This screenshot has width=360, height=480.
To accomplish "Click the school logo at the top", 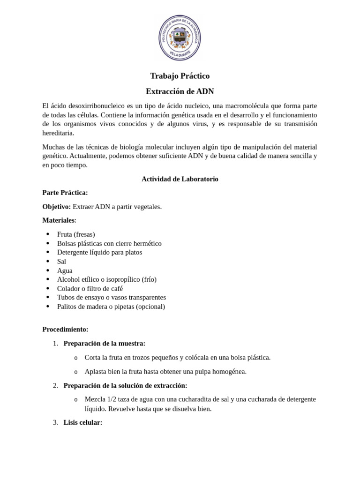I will pyautogui.click(x=180, y=37).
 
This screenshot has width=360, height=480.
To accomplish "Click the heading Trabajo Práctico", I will pyautogui.click(x=180, y=76).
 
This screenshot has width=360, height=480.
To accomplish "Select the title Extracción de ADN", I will pyautogui.click(x=180, y=91).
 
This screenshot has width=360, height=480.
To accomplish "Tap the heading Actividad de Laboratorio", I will pyautogui.click(x=180, y=179).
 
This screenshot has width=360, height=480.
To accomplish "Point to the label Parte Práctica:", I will pyautogui.click(x=65, y=193).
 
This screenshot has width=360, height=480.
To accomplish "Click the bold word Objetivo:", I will pyautogui.click(x=56, y=207).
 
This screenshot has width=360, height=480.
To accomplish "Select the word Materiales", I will pyautogui.click(x=58, y=220).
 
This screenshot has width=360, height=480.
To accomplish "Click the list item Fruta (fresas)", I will pyautogui.click(x=76, y=234).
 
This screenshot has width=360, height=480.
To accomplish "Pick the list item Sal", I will pyautogui.click(x=61, y=262).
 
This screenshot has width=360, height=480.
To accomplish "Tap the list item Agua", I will pyautogui.click(x=65, y=270).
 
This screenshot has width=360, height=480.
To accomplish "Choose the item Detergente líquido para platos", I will pyautogui.click(x=99, y=252).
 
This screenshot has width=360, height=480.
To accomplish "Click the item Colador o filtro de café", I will pyautogui.click(x=90, y=289).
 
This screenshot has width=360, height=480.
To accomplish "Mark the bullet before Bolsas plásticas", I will pyautogui.click(x=48, y=244).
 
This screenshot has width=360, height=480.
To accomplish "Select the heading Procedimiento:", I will pyautogui.click(x=65, y=330).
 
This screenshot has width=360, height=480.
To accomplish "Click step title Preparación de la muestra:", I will pyautogui.click(x=104, y=344).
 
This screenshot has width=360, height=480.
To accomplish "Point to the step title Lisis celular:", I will pyautogui.click(x=82, y=422).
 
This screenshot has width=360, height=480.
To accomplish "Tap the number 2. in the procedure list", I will pyautogui.click(x=55, y=386).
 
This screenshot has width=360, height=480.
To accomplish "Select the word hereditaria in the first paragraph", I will pyautogui.click(x=58, y=133).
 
